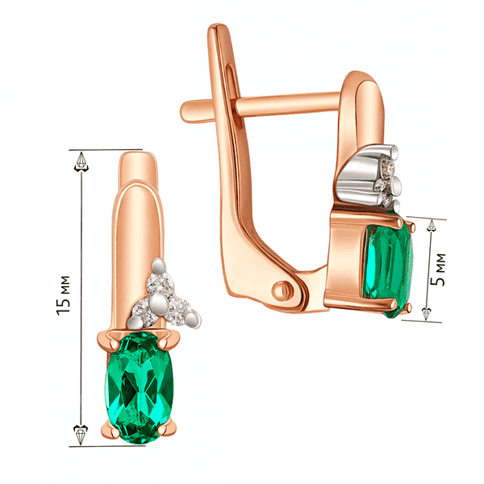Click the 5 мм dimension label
[440, 269]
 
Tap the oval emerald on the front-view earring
[140, 388]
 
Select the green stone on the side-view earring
[389, 269]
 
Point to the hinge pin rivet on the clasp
[282, 290]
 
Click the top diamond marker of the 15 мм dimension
[81, 162]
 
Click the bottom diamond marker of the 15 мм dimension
[81, 435]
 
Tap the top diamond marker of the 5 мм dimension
[432, 226]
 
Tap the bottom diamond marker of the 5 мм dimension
[427, 313]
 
